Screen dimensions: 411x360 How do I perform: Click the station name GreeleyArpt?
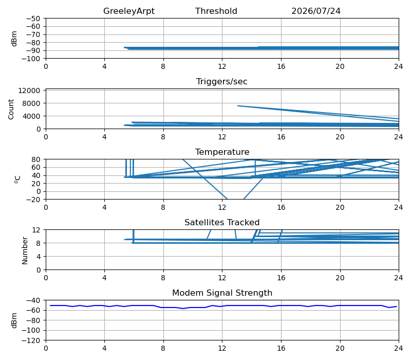tap(129, 11)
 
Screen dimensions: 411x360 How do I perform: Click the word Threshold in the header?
tap(216, 11)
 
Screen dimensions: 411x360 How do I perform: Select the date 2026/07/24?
tap(316, 11)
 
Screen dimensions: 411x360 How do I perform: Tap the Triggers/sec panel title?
tap(222, 82)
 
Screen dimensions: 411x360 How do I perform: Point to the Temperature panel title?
tap(222, 152)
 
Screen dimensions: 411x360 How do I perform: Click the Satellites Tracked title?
tap(222, 222)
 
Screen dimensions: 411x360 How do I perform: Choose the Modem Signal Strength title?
tap(222, 293)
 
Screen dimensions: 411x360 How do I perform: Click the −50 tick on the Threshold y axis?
tap(33, 19)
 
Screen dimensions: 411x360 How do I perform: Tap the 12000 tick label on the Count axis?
tap(29, 91)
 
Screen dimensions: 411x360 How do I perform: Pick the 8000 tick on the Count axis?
tap(31, 103)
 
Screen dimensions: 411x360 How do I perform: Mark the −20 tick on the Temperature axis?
tap(33, 200)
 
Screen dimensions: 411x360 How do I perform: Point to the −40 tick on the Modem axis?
tap(33, 300)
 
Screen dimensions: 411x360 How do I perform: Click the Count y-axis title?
tap(11, 109)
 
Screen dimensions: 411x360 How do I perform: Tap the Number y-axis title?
tap(25, 250)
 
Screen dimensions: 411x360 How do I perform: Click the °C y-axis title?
tap(17, 179)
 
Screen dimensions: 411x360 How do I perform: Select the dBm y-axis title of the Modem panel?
tap(14, 320)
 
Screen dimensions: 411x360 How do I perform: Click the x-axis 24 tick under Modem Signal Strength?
tap(399, 349)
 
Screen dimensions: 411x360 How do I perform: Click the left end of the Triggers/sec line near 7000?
tap(237, 106)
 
